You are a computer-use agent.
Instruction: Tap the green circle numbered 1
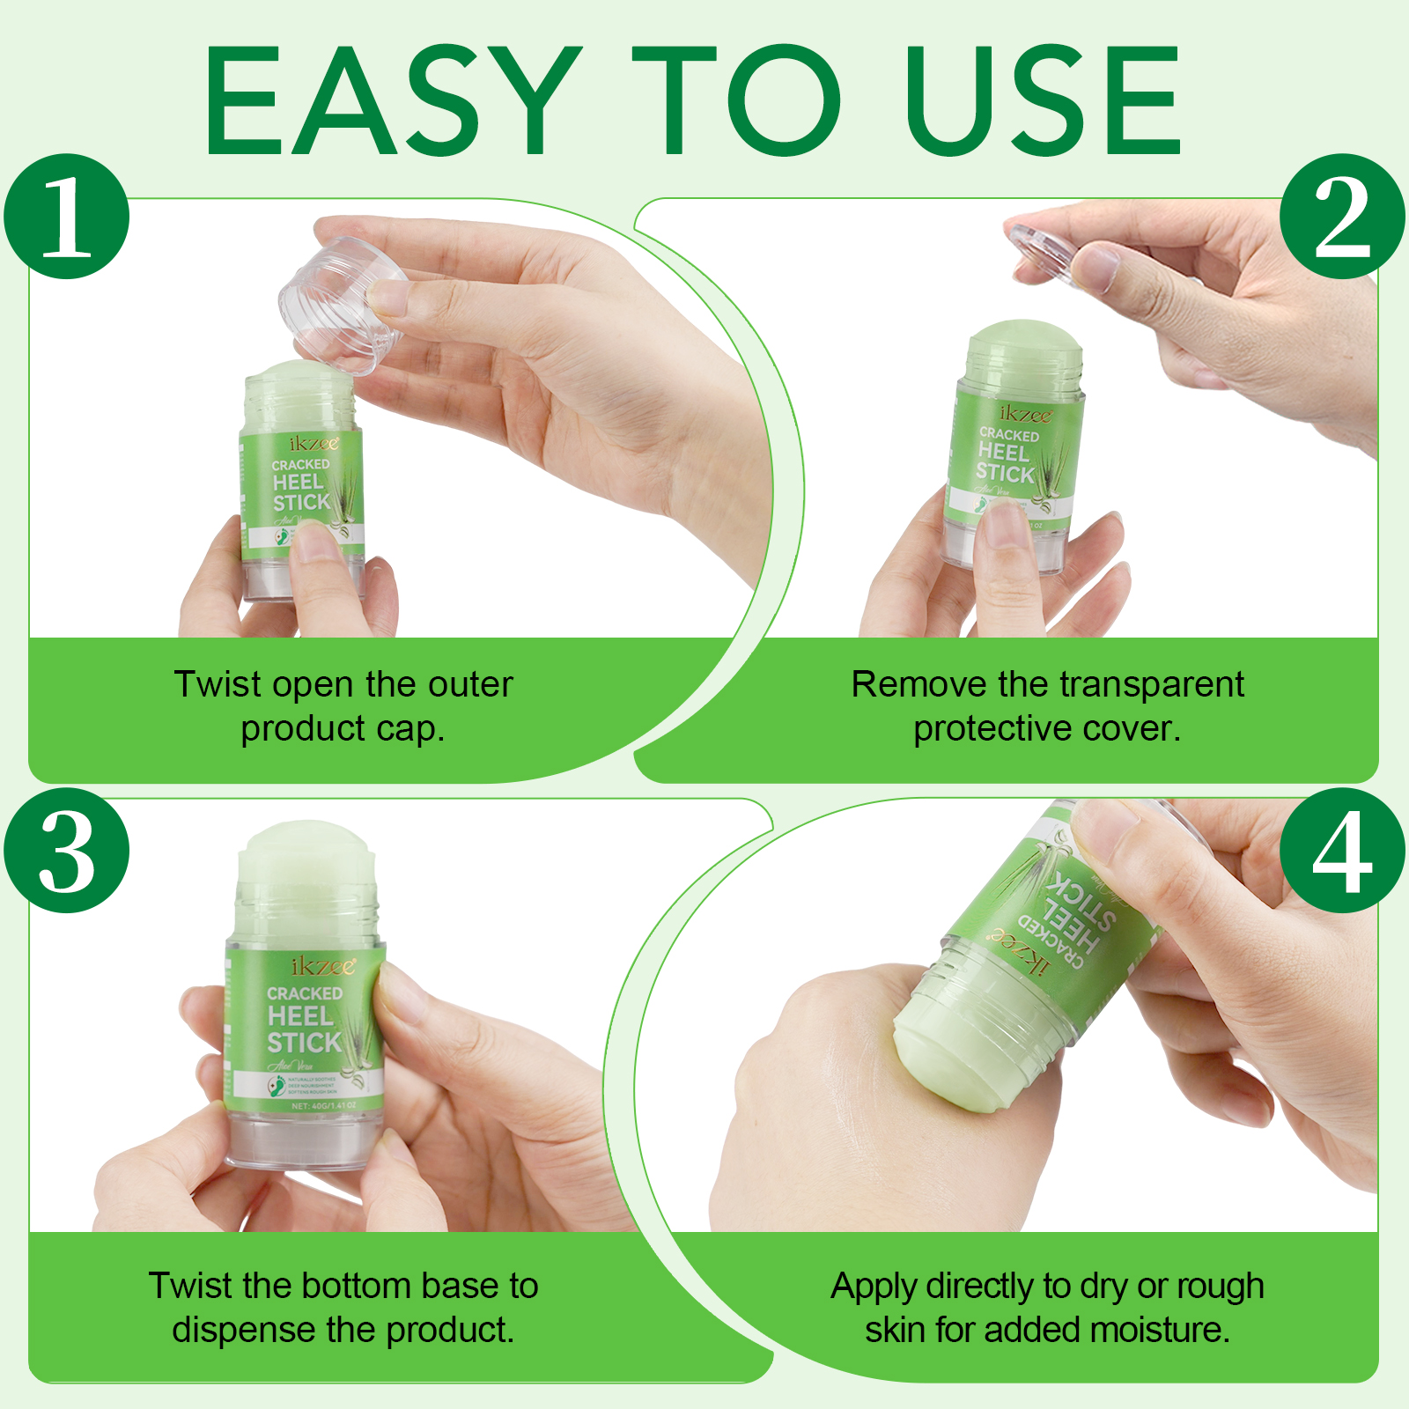pyautogui.click(x=67, y=217)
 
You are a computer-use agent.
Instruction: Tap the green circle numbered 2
pyautogui.click(x=1341, y=217)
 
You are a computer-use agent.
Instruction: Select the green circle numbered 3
pyautogui.click(x=67, y=851)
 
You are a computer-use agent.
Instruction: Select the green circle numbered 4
pyautogui.click(x=1341, y=851)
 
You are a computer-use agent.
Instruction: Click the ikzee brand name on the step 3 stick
pyautogui.click(x=323, y=966)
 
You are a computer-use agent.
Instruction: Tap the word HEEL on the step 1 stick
pyautogui.click(x=298, y=483)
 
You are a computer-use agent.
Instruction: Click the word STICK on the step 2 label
pyautogui.click(x=1005, y=473)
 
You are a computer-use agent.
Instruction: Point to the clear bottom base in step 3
pyautogui.click(x=304, y=1140)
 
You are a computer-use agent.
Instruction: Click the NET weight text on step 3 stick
pyautogui.click(x=323, y=1105)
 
